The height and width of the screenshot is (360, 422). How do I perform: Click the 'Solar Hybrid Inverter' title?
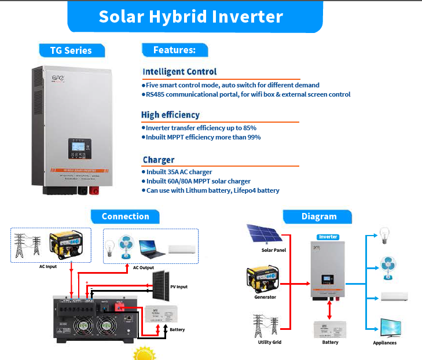[190, 16]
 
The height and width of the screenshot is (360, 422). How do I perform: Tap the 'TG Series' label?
[70, 50]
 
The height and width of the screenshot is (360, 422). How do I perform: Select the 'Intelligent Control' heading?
[179, 72]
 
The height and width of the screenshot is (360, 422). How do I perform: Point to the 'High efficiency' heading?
[170, 115]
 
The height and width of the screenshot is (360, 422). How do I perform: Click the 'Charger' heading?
[159, 160]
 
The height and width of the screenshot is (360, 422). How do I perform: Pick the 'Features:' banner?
[174, 50]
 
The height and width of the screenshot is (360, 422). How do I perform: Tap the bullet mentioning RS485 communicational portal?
[248, 94]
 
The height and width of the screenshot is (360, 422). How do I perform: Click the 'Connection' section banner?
[125, 216]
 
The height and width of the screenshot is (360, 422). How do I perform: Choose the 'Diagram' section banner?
[318, 216]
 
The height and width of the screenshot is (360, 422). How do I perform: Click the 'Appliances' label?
[385, 343]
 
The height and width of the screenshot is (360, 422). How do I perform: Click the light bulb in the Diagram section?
[382, 234]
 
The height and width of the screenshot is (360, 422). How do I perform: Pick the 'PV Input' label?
[178, 286]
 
